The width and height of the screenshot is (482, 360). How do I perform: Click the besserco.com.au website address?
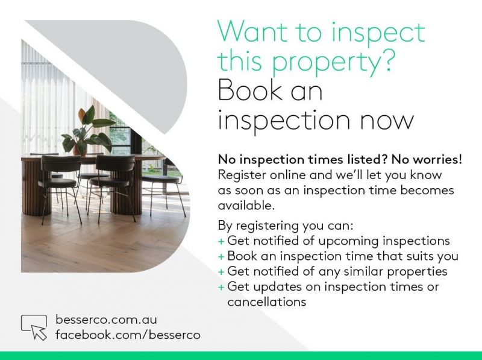pyautogui.click(x=106, y=320)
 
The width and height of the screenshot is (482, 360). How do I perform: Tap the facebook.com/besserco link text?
pyautogui.click(x=128, y=335)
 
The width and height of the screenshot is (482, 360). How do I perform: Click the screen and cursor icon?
pyautogui.click(x=34, y=327)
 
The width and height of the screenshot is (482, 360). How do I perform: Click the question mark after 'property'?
pyautogui.click(x=386, y=60)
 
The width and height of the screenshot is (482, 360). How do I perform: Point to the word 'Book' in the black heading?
pyautogui.click(x=250, y=90)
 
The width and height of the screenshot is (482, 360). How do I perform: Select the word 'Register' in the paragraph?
pyautogui.click(x=242, y=175)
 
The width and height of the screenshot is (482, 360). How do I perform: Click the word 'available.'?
pyautogui.click(x=246, y=205)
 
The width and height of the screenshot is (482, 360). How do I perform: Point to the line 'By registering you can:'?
pyautogui.click(x=286, y=226)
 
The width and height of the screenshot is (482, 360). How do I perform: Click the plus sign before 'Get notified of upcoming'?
pyautogui.click(x=221, y=241)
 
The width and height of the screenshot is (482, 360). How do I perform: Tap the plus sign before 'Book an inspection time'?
pyautogui.click(x=221, y=257)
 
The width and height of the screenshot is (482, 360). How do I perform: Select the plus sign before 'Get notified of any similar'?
pyautogui.click(x=221, y=272)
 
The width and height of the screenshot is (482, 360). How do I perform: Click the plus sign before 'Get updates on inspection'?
pyautogui.click(x=221, y=288)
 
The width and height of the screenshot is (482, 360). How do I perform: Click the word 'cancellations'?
pyautogui.click(x=267, y=302)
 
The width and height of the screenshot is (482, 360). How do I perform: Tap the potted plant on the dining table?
pyautogui.click(x=87, y=130)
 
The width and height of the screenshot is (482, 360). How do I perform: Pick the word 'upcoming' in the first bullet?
pyautogui.click(x=348, y=241)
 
